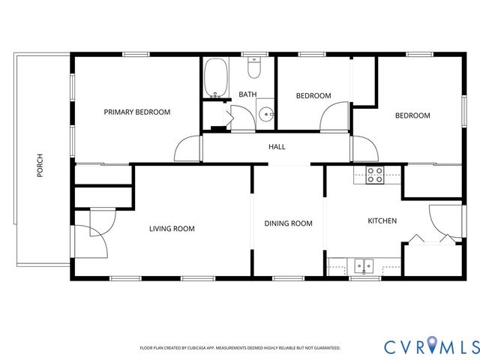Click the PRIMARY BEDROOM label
136,112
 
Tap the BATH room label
247,94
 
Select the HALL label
277,147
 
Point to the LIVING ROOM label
172,229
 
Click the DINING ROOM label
288,223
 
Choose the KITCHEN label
381,221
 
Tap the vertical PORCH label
40,166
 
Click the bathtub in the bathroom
216,80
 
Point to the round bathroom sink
266,116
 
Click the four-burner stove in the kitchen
375,175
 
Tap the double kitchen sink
365,265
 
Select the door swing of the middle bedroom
334,118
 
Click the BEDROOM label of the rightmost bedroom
412,115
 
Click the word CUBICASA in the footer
200,348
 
